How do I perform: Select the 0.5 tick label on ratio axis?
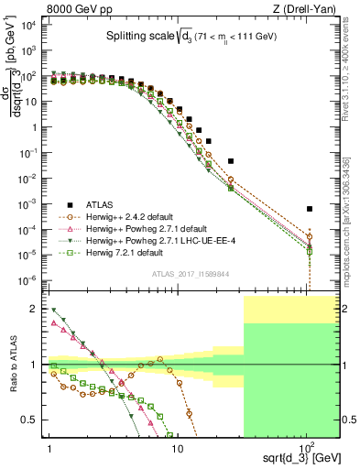[x=30, y=420]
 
